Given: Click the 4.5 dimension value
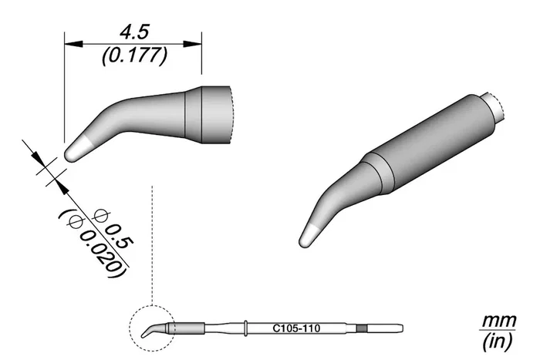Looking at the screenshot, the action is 134,32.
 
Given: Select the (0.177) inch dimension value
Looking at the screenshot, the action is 135,56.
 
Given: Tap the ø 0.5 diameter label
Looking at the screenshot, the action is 113,229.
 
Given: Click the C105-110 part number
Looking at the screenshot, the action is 296,328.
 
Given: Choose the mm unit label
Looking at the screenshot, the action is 498,321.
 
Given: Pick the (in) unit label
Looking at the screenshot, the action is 498,341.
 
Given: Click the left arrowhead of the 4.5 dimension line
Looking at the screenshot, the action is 74,44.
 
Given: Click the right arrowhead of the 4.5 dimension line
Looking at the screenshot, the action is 192,44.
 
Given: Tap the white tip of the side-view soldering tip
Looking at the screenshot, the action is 76,149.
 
